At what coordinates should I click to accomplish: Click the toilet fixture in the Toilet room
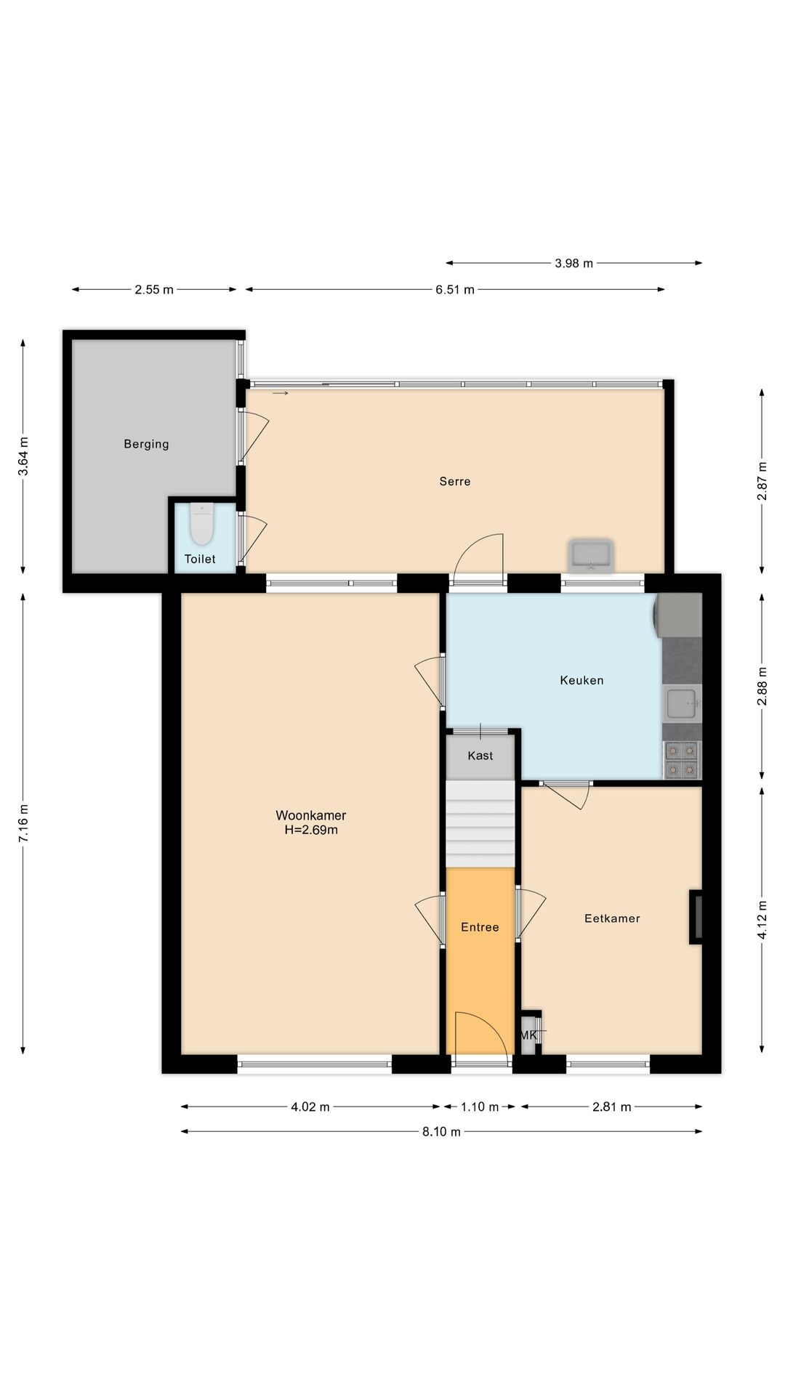[201, 524]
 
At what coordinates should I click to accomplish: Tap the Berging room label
[146, 444]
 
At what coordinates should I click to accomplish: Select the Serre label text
[455, 481]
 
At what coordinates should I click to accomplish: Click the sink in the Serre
[591, 556]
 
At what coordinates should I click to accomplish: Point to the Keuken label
[581, 680]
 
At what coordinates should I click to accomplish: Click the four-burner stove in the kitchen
[683, 760]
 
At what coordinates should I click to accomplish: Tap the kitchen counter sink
[683, 703]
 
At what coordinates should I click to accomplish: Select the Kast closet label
[480, 756]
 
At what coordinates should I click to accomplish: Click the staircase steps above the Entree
[480, 824]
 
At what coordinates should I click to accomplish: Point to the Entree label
[480, 927]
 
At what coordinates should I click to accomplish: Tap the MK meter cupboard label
[528, 1035]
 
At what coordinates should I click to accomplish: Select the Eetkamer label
[612, 918]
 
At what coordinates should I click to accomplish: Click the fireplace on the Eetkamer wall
[696, 917]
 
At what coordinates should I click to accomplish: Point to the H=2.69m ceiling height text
[311, 830]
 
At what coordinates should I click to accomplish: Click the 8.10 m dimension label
[441, 1131]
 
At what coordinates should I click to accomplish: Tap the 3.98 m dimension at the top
[573, 263]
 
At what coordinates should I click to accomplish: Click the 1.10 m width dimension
[480, 1107]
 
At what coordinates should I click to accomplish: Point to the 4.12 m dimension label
[762, 920]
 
